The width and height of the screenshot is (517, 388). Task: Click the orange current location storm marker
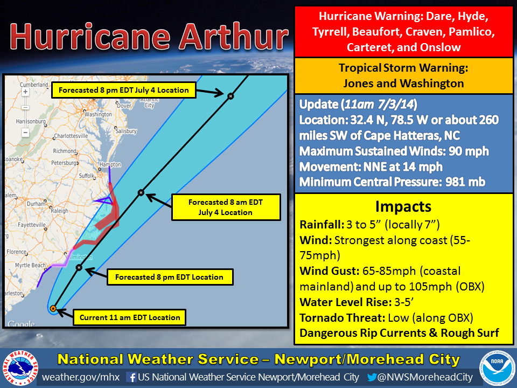pyautogui.click(x=53, y=309)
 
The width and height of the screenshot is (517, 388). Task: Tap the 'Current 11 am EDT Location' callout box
pyautogui.click(x=129, y=317)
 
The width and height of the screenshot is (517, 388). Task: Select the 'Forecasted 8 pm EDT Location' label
pyautogui.click(x=170, y=278)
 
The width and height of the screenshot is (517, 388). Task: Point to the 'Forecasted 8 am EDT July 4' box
pyautogui.click(x=226, y=207)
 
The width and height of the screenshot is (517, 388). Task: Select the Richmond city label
pyautogui.click(x=65, y=151)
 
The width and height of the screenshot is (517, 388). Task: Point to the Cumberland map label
pyautogui.click(x=34, y=85)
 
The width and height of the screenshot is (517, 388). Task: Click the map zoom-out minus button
pyautogui.click(x=25, y=132)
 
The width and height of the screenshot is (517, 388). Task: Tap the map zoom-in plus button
pyautogui.click(x=25, y=92)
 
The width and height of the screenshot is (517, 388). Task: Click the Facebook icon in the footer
pyautogui.click(x=130, y=377)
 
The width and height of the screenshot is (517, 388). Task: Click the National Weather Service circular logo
pyautogui.click(x=19, y=369)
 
